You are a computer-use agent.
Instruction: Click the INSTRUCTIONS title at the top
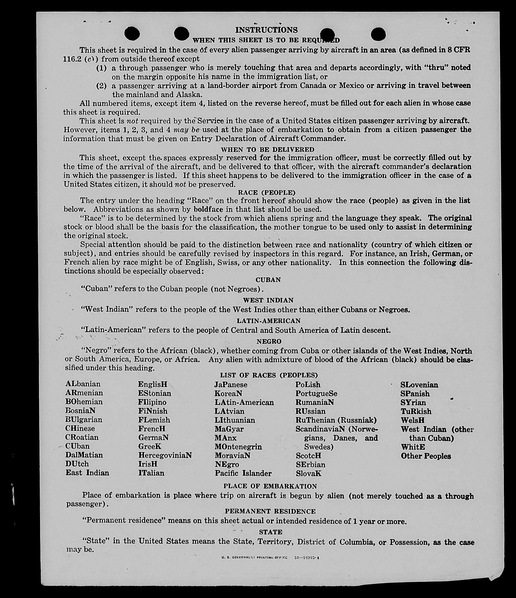click(x=266, y=30)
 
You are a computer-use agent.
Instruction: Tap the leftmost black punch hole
click(x=132, y=33)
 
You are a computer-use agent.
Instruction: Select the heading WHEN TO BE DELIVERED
click(x=268, y=149)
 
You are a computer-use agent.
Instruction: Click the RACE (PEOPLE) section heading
click(x=266, y=193)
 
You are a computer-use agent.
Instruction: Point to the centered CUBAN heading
click(x=268, y=280)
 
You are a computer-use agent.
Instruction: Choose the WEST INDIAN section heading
click(x=268, y=300)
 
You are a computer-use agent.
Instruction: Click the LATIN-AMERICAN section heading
click(x=269, y=321)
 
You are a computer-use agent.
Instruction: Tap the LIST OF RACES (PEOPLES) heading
click(x=269, y=375)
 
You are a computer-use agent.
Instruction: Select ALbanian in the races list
click(x=83, y=384)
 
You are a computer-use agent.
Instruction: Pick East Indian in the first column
click(x=87, y=473)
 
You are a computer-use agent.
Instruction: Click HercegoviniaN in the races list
click(x=165, y=455)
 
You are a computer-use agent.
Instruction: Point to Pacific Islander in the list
click(x=243, y=473)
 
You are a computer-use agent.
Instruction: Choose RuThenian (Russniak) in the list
click(x=336, y=420)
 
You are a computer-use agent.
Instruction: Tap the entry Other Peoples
click(x=426, y=456)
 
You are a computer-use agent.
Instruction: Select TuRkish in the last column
click(x=416, y=411)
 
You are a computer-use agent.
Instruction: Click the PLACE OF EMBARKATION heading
click(x=270, y=486)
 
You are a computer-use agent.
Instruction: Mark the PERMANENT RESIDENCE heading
click(x=270, y=512)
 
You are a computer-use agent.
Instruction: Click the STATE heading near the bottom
click(x=270, y=532)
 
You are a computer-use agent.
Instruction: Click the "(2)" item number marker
click(x=101, y=86)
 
